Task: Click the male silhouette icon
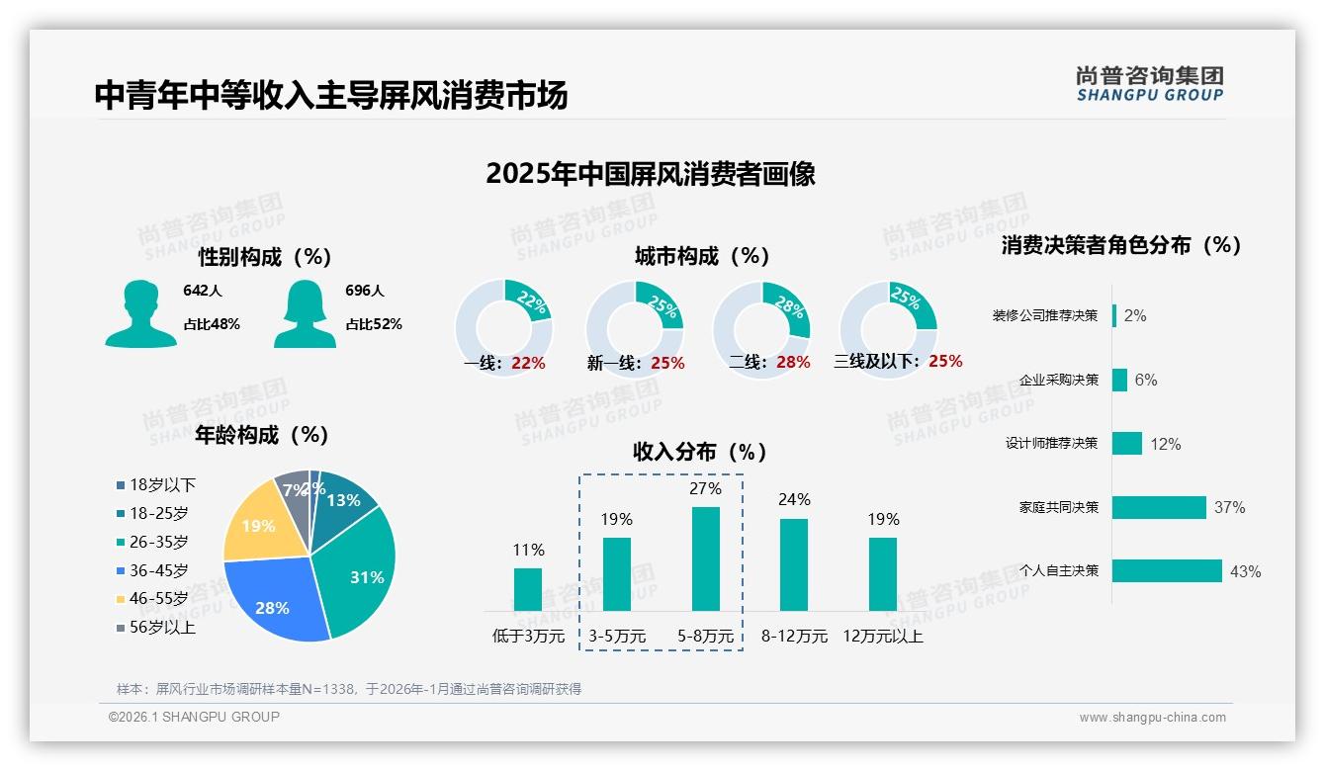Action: click(x=140, y=313)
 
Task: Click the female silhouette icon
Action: click(x=305, y=313)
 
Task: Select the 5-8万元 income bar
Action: click(x=705, y=558)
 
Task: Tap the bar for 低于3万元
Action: click(x=528, y=589)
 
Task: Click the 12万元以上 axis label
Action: click(x=882, y=637)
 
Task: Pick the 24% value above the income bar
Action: click(x=794, y=499)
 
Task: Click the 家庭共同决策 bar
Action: click(x=1159, y=507)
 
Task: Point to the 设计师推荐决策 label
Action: click(x=1051, y=444)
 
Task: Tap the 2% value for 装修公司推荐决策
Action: click(x=1135, y=316)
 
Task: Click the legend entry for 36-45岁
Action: click(x=157, y=570)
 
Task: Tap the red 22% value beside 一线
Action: click(x=528, y=364)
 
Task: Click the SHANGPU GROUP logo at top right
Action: click(x=1150, y=84)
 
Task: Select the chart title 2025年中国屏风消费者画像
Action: click(x=651, y=174)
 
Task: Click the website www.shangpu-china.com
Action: click(x=1152, y=718)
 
